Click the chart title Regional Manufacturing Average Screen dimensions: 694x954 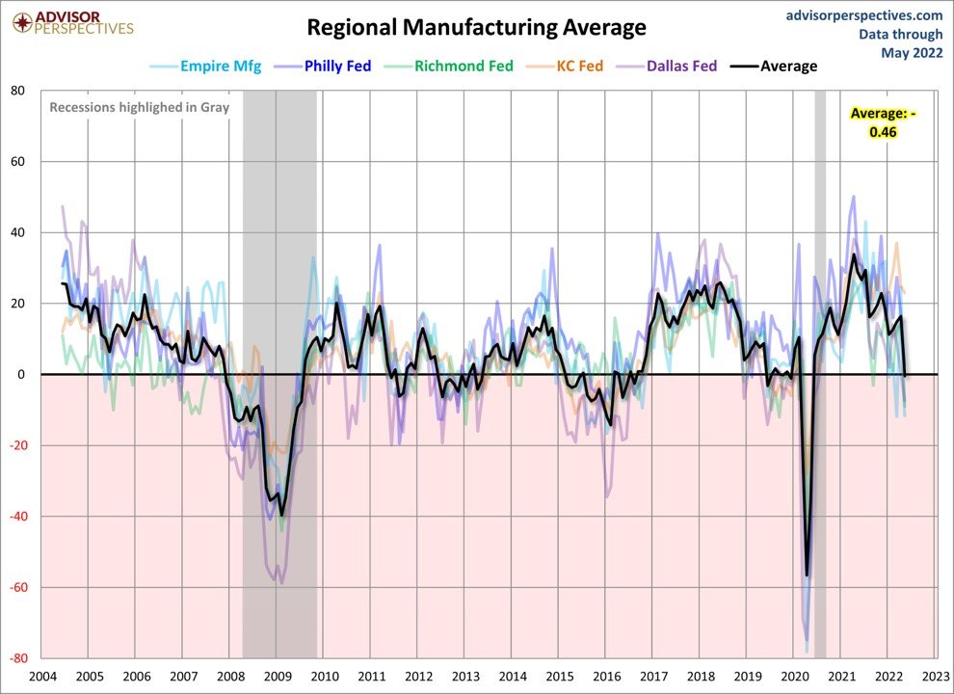[476, 27]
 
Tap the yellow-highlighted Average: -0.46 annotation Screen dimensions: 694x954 [883, 122]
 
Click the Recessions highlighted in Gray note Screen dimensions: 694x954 [139, 107]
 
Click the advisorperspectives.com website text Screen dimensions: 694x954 [864, 14]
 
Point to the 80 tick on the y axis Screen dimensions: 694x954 [17, 91]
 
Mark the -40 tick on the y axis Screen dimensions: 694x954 [14, 517]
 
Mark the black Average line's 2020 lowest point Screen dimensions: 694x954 [807, 575]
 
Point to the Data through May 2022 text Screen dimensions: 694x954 [901, 43]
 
